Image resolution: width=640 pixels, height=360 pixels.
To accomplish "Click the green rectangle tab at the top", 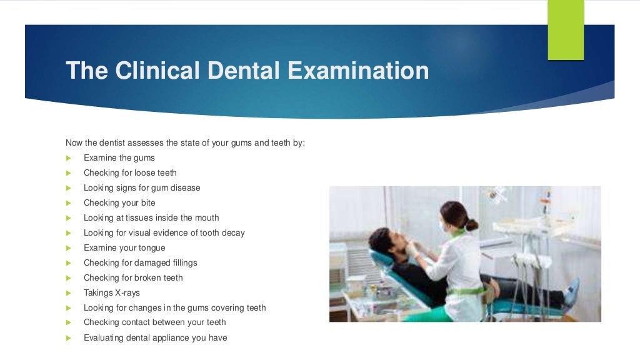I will [566, 29].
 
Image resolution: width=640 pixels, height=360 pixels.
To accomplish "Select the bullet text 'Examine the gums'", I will [119, 158].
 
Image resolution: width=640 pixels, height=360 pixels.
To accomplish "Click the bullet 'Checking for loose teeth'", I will [130, 173].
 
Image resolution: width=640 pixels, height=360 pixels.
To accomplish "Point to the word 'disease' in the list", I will [184, 188].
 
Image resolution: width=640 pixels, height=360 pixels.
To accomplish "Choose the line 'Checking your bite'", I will [119, 203].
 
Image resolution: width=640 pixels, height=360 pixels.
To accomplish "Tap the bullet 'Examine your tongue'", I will [124, 248].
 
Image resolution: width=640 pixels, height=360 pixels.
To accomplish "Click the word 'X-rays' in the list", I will [127, 293].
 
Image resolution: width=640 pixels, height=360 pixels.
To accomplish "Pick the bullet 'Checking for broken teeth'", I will [133, 278].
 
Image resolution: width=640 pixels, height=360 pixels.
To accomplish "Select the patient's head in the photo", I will [382, 241].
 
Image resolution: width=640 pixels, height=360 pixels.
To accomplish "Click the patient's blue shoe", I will [571, 291].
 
